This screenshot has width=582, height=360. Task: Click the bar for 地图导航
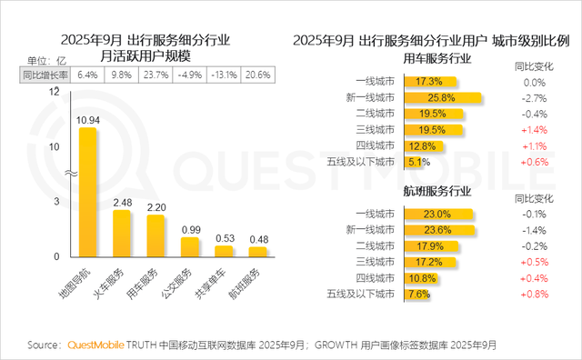pyautogui.click(x=87, y=191)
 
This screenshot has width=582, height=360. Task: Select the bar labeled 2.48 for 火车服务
pyautogui.click(x=122, y=233)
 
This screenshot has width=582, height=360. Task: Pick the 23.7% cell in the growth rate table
pyautogui.click(x=155, y=75)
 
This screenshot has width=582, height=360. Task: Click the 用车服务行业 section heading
pyautogui.click(x=436, y=59)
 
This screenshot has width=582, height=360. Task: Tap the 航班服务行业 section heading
pyautogui.click(x=436, y=192)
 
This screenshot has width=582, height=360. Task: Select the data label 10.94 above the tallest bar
pyautogui.click(x=87, y=119)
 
